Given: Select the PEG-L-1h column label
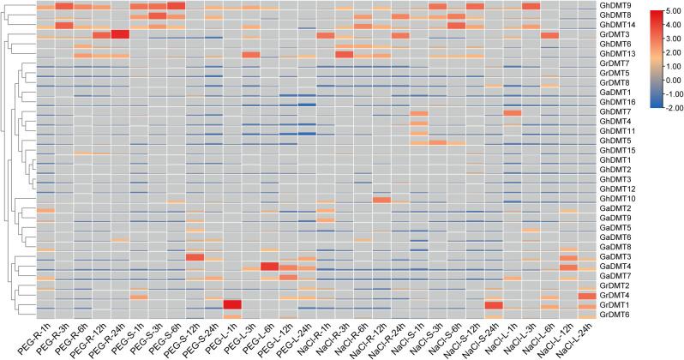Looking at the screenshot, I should coord(228,335).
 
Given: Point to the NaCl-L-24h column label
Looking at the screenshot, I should coord(580,339).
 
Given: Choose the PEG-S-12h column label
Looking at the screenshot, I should coord(189,338).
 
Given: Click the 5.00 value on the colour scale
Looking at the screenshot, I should coord(669,13).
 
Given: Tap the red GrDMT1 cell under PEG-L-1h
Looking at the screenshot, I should coord(231,304).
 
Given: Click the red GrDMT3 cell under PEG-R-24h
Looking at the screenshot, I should coord(119,34).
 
